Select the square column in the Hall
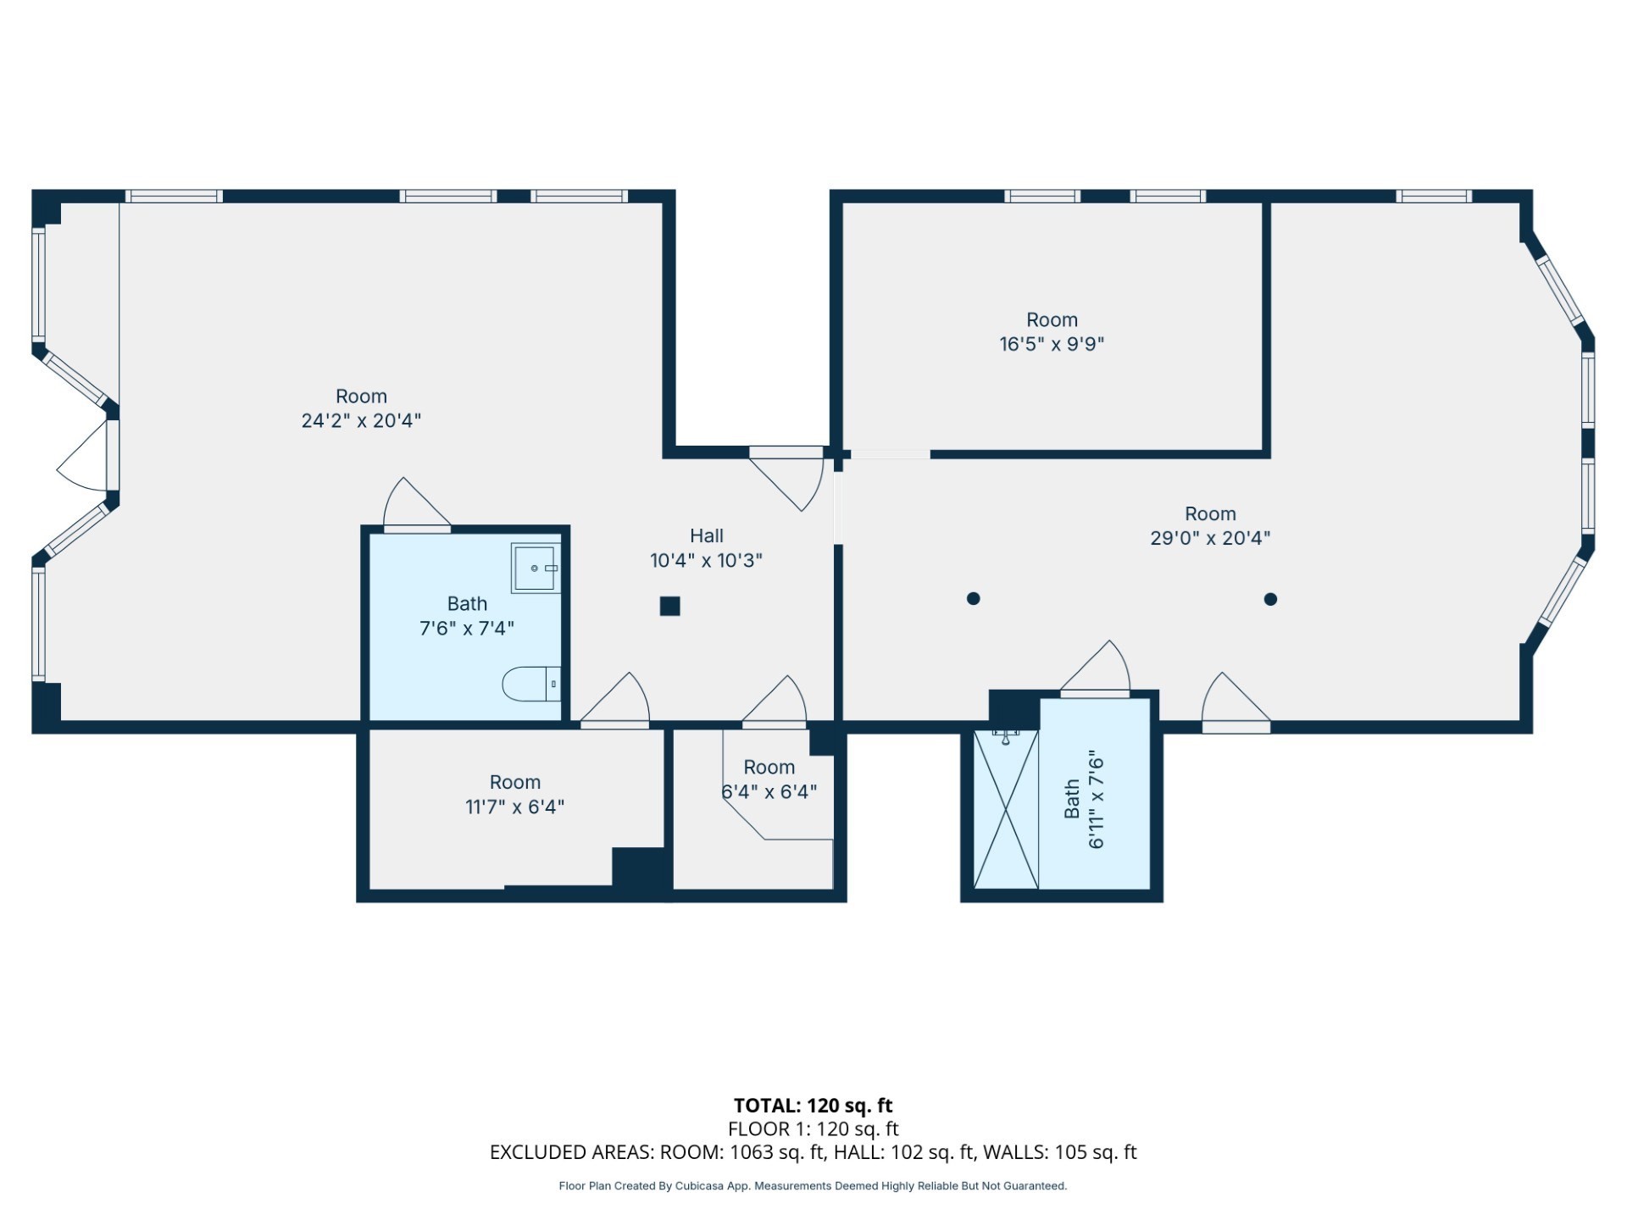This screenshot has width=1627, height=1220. tap(669, 606)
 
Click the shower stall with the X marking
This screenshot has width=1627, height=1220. tap(1006, 809)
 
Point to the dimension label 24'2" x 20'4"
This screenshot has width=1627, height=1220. tap(361, 421)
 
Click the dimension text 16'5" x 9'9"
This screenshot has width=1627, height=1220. tap(1052, 344)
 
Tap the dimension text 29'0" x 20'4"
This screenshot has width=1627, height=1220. tap(1210, 538)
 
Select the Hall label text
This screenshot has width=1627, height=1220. tap(706, 535)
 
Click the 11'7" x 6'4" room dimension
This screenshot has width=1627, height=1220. tap(514, 807)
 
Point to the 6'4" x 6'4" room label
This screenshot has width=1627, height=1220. tap(769, 791)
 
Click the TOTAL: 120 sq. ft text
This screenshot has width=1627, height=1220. tap(813, 1105)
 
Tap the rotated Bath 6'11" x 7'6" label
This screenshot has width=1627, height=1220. tap(1085, 799)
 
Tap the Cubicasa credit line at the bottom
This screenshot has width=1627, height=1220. tap(813, 1186)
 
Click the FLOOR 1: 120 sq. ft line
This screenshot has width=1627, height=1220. tap(813, 1128)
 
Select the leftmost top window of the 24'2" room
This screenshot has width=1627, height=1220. tap(174, 197)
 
